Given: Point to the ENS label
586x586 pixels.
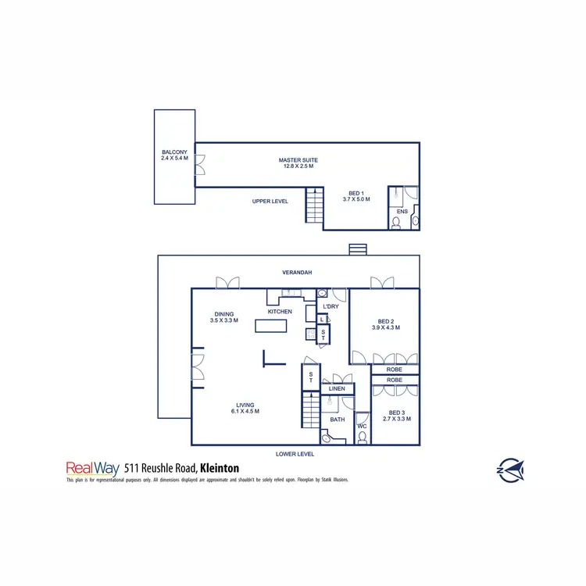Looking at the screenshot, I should [402, 212].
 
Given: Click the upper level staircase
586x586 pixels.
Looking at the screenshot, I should [314, 205].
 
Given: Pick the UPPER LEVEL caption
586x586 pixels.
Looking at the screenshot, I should [270, 201].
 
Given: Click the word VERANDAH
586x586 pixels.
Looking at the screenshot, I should [297, 273].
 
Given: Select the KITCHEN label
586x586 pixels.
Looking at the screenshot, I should [280, 312].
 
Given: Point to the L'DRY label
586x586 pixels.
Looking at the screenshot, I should [330, 307].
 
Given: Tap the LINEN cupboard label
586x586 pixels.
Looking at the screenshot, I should [337, 388].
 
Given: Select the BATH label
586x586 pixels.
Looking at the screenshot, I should [337, 420].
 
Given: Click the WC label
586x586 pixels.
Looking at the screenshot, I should [362, 426].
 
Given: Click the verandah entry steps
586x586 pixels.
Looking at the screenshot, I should [357, 249].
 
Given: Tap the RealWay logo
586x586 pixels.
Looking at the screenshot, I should [91, 467].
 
